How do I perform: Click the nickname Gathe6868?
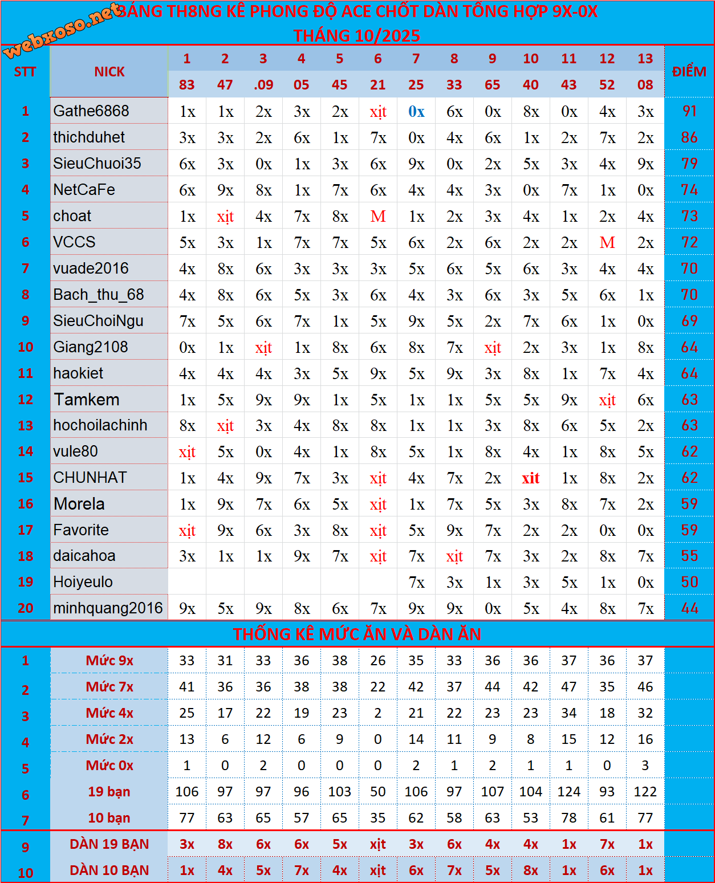pyautogui.click(x=91, y=111)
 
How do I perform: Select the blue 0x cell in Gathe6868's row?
pyautogui.click(x=416, y=112)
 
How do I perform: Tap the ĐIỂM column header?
pyautogui.click(x=689, y=72)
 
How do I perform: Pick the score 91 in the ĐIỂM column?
pyautogui.click(x=689, y=111)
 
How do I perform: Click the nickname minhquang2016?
pyautogui.click(x=108, y=608)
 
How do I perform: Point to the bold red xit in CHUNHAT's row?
pyautogui.click(x=531, y=478)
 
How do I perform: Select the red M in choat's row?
pyautogui.click(x=378, y=217)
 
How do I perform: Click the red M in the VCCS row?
pyautogui.click(x=607, y=243)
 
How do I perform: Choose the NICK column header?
pyautogui.click(x=109, y=72)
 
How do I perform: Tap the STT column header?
pyautogui.click(x=25, y=72)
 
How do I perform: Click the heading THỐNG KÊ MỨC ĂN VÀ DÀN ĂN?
pyautogui.click(x=357, y=634)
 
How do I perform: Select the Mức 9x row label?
pyautogui.click(x=109, y=661)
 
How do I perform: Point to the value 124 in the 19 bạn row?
pyautogui.click(x=569, y=792)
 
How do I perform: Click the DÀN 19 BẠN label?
pyautogui.click(x=109, y=844)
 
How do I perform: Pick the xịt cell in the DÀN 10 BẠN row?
pyautogui.click(x=378, y=870)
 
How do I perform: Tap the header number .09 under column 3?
pyautogui.click(x=263, y=85)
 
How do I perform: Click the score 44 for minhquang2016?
pyautogui.click(x=689, y=608)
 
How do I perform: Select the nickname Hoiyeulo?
pyautogui.click(x=83, y=582)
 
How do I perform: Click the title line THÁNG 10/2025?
pyautogui.click(x=357, y=35)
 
